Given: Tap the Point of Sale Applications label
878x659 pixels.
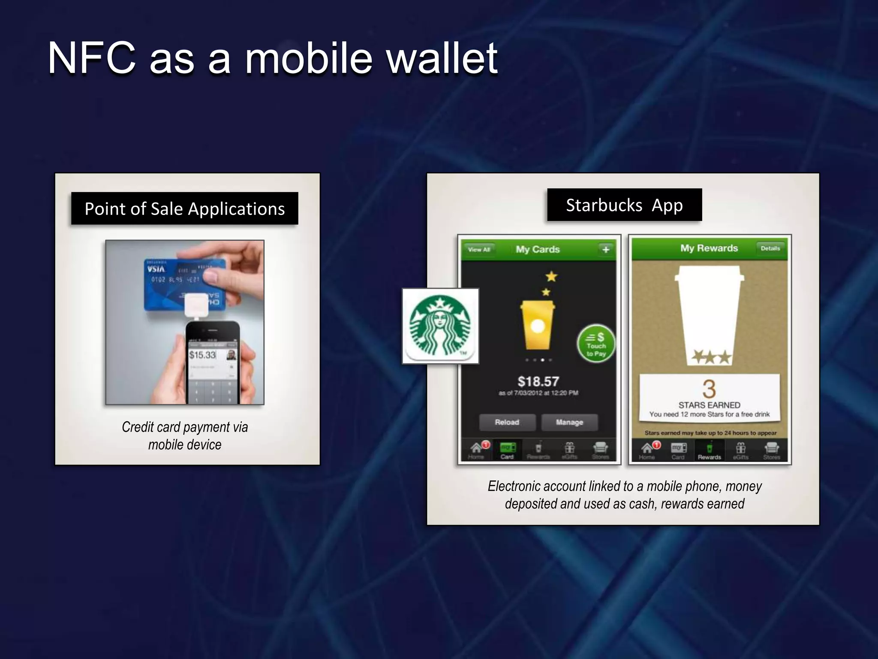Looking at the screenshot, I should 184,209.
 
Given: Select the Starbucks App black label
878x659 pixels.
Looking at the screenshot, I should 624,205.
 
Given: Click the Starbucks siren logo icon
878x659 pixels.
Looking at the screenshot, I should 440,326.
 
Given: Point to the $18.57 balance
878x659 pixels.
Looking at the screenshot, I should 538,381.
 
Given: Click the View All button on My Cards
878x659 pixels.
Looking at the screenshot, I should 479,249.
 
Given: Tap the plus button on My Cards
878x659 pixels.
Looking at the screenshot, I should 605,249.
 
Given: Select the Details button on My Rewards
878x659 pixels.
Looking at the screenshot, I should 770,248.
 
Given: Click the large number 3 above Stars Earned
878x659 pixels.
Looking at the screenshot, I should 709,389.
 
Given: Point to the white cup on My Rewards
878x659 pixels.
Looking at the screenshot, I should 709,313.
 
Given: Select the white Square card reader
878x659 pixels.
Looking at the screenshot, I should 196,305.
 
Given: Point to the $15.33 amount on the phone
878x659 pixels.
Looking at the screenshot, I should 202,355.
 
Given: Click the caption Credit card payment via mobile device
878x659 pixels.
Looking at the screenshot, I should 185,435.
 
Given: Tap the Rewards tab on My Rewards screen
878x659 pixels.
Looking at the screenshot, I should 709,450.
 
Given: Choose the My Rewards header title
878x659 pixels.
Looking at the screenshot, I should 709,248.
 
